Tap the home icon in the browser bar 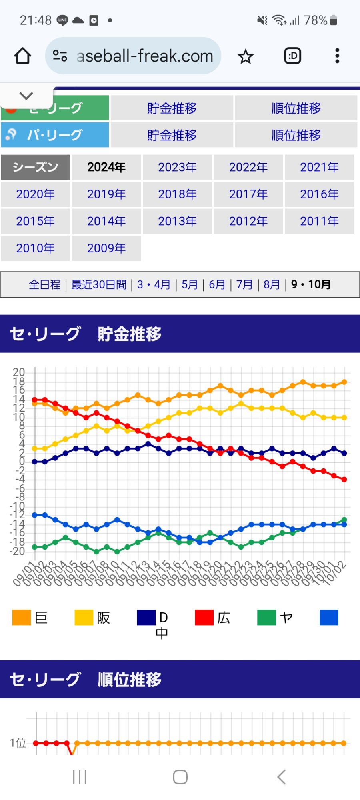click(23, 56)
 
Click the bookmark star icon click(246, 57)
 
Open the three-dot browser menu click(337, 56)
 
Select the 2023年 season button click(177, 167)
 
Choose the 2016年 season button click(319, 194)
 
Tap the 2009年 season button click(106, 248)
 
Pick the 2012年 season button click(248, 221)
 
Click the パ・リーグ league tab click(55, 135)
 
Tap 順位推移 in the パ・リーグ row click(296, 135)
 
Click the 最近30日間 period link click(99, 285)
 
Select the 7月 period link click(244, 285)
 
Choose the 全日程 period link click(44, 285)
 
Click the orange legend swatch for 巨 click(22, 617)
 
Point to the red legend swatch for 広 click(204, 617)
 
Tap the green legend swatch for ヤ click(266, 617)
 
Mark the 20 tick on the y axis click(19, 372)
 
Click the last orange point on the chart click(344, 382)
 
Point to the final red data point click(344, 479)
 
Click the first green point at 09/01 click(35, 547)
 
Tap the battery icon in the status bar click(334, 20)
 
